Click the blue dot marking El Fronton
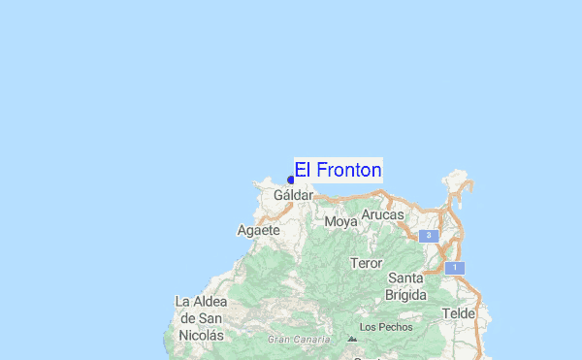pos(291,180)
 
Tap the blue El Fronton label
pos(338,170)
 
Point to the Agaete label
pos(258,231)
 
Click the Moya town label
pos(341,221)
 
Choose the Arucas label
pos(382,214)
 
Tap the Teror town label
pos(367,263)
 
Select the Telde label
pos(458,313)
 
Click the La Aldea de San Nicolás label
pos(201,317)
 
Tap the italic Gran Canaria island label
pos(299,340)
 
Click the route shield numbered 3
pos(428,236)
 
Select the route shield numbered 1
pos(454,267)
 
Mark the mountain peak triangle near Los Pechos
pos(351,327)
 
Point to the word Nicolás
pos(202,335)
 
